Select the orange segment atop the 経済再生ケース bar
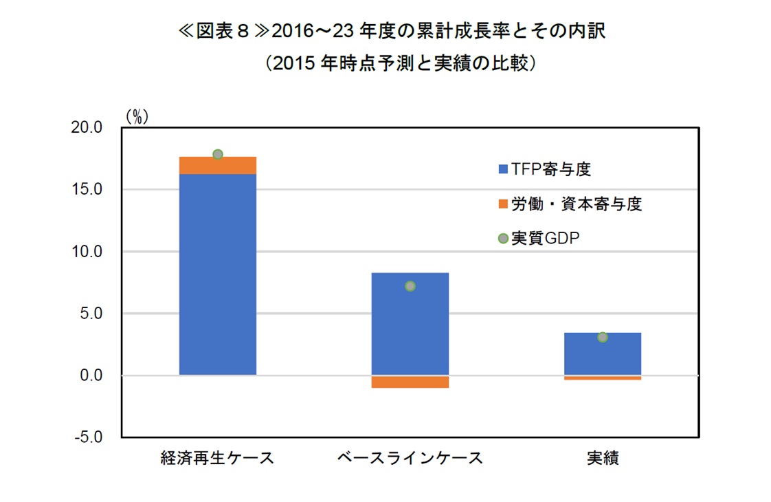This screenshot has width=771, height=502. pos(217,165)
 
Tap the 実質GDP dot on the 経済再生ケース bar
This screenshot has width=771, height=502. pos(218,154)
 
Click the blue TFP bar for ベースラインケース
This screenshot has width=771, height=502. pos(410,323)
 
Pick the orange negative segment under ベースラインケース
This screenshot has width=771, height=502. pos(410,382)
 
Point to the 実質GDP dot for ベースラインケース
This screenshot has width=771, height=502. pos(410,286)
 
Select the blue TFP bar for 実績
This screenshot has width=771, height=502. pos(602,353)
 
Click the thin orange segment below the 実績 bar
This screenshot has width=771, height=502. pos(602,378)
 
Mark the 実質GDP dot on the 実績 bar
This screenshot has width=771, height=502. pos(603,337)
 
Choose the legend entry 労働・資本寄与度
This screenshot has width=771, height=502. pos(570,204)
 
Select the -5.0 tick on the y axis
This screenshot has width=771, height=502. pos(89,437)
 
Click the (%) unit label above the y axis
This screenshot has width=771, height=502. pos(136,117)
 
